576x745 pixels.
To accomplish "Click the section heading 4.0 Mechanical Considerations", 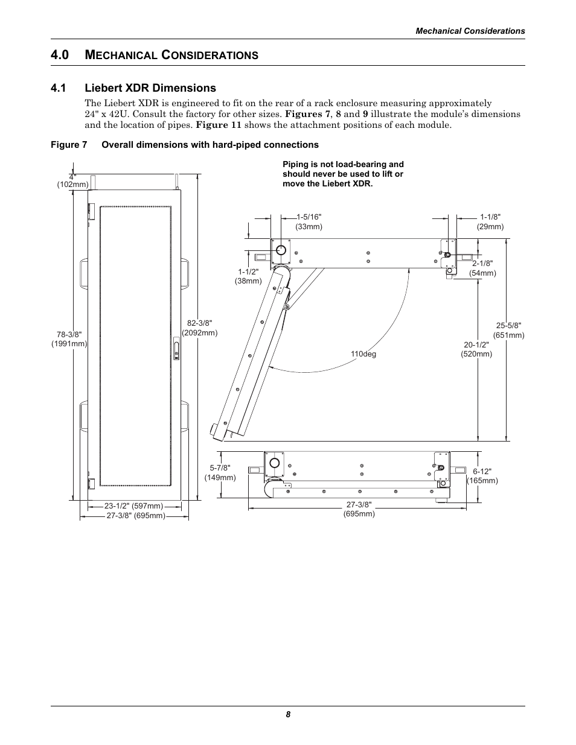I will tap(155, 55).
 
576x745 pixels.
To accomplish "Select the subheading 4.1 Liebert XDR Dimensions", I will tap(133, 88).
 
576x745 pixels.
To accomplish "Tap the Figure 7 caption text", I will tap(185, 145).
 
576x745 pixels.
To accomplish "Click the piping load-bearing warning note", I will tap(343, 174).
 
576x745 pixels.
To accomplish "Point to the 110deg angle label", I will tap(363, 354).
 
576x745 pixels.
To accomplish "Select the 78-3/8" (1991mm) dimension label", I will tap(69, 339).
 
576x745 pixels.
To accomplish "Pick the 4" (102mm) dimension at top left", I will tap(73, 180).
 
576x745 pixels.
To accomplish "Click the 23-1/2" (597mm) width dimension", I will tap(133, 506).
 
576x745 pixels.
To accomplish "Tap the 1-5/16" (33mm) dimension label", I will tap(309, 221).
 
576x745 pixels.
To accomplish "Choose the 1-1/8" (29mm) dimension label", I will tap(490, 221).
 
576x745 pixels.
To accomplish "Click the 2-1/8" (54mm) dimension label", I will tap(482, 268).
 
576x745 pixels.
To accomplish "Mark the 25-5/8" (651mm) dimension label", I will tap(508, 330).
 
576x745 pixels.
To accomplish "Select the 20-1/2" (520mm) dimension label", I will tap(476, 349).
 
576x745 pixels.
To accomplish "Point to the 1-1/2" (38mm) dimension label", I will tap(248, 276).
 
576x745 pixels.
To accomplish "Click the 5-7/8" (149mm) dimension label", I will tap(220, 472).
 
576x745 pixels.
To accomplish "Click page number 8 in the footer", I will tap(288, 714).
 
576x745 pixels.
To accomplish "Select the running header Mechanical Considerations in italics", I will tap(470, 31).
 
